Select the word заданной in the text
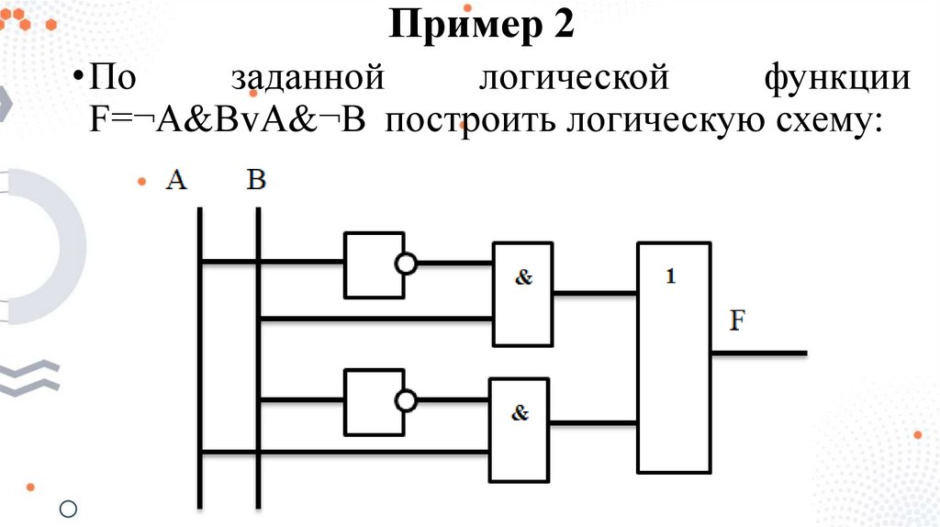coord(307,79)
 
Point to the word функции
coord(838,79)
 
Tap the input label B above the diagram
coord(256,180)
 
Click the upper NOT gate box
coord(373,264)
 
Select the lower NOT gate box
coord(373,402)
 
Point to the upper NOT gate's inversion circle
coord(405,264)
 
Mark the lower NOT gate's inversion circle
coord(405,401)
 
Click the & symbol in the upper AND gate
coord(523,277)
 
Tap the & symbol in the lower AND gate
coord(520,413)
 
